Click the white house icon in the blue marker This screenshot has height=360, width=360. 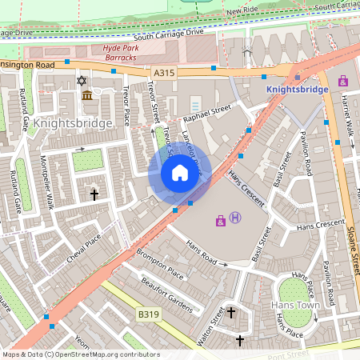coord(180,172)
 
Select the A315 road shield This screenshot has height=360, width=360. coord(164,73)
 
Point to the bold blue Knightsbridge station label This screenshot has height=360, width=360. coord(297,90)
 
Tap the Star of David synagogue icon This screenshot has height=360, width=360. coord(80,80)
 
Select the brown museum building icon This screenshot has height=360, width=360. coord(86,96)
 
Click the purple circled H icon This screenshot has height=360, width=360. coord(235,217)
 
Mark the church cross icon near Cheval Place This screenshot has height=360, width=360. coord(94,194)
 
